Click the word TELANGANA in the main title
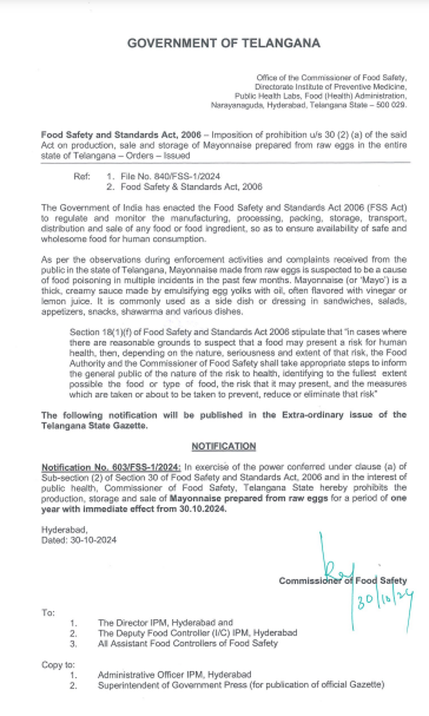pyautogui.click(x=281, y=43)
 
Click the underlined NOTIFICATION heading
pyautogui.click(x=224, y=447)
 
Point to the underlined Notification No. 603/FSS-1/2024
pyautogui.click(x=111, y=467)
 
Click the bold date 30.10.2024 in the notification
pyautogui.click(x=203, y=509)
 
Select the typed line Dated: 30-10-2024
pyautogui.click(x=79, y=540)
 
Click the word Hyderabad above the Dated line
pyautogui.click(x=64, y=530)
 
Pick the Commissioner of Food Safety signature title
pyautogui.click(x=342, y=581)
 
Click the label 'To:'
pyautogui.click(x=48, y=613)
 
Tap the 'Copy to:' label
pyautogui.click(x=58, y=665)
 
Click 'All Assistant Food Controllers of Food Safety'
pyautogui.click(x=188, y=643)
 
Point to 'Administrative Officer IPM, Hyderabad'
pyautogui.click(x=174, y=675)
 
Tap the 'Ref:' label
pyautogui.click(x=82, y=176)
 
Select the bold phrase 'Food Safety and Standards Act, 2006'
pyautogui.click(x=121, y=135)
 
